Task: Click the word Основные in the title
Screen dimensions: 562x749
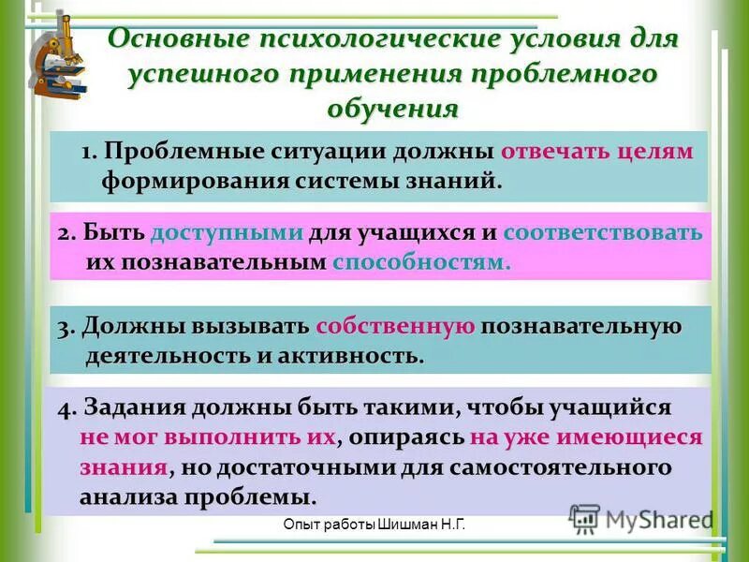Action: (x=177, y=41)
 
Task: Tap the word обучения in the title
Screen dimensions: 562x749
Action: (x=393, y=108)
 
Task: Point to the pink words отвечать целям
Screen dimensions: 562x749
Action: (x=597, y=153)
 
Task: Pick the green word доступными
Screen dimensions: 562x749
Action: (x=228, y=233)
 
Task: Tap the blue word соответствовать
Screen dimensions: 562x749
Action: (x=602, y=233)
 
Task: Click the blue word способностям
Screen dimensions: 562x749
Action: (x=421, y=262)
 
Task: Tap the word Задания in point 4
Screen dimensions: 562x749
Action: (x=135, y=408)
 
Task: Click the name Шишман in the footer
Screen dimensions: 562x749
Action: (x=404, y=528)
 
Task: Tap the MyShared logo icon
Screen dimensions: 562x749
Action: (x=584, y=519)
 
